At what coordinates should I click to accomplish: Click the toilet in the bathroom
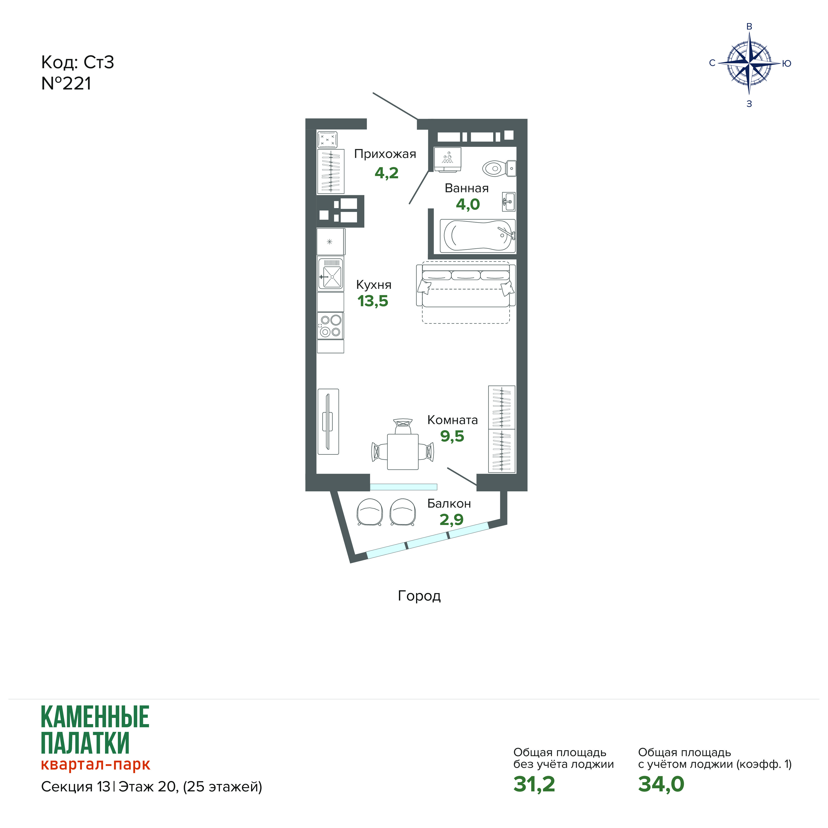[x=499, y=168]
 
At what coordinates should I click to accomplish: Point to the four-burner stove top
[x=330, y=326]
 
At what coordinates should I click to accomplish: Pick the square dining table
[x=403, y=452]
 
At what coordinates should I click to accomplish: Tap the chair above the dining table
[x=403, y=426]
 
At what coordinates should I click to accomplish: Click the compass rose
[x=749, y=63]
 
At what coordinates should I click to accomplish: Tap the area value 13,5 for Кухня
[x=373, y=301]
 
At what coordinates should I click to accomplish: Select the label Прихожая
[x=385, y=154]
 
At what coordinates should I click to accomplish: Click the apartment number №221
[x=66, y=84]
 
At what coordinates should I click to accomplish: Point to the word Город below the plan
[x=419, y=596]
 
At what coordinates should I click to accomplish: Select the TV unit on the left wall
[x=328, y=422]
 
